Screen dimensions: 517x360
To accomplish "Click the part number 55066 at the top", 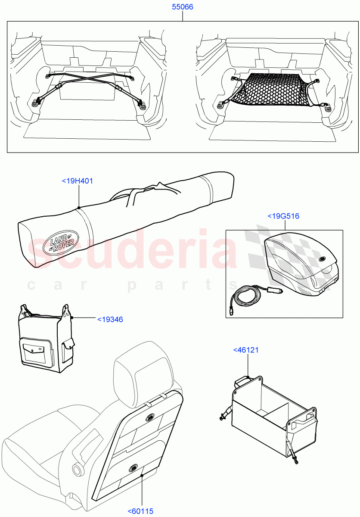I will (x=182, y=7).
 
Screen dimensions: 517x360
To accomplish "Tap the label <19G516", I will (x=283, y=216).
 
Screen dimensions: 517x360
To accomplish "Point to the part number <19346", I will (x=110, y=319).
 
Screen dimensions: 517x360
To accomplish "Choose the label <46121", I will (x=246, y=350).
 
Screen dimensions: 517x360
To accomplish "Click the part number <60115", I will (x=141, y=511).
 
